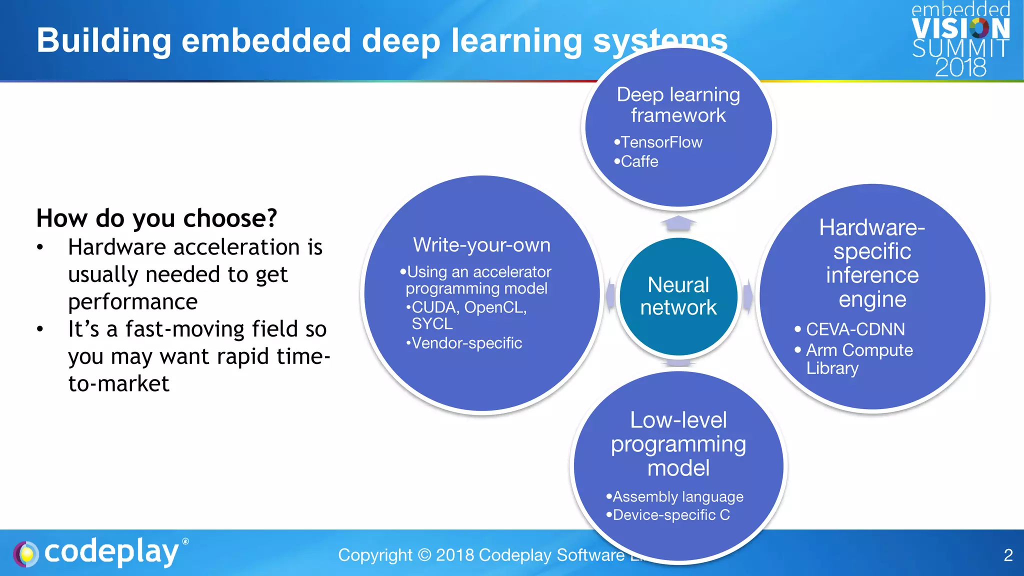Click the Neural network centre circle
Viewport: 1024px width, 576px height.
pyautogui.click(x=678, y=296)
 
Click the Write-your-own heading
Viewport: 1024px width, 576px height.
pyautogui.click(x=481, y=245)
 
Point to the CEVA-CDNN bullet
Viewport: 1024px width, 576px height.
pyautogui.click(x=855, y=329)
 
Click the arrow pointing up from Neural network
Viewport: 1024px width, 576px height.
pyautogui.click(x=678, y=223)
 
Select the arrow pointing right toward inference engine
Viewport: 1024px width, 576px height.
pyautogui.click(x=747, y=296)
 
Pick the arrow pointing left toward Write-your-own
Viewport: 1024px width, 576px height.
pyautogui.click(x=610, y=296)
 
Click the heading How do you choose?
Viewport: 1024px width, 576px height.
pyautogui.click(x=156, y=218)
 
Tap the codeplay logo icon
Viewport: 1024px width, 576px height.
pyautogui.click(x=26, y=554)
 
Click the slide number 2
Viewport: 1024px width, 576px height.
pyautogui.click(x=1008, y=555)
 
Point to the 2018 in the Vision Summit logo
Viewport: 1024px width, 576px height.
pyautogui.click(x=960, y=67)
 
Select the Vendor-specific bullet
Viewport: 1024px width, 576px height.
pyautogui.click(x=466, y=343)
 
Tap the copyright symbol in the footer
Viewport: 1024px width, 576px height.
pyautogui.click(x=424, y=555)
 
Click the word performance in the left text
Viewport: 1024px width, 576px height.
pyautogui.click(x=133, y=302)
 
